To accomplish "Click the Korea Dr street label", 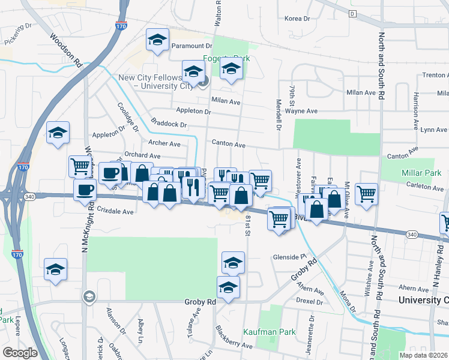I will pos(297,19).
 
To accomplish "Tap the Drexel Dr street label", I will pos(310,302).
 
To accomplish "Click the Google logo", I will pos(20,353).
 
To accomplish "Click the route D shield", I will pos(352,14).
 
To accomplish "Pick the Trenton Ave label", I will pos(435,75).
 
